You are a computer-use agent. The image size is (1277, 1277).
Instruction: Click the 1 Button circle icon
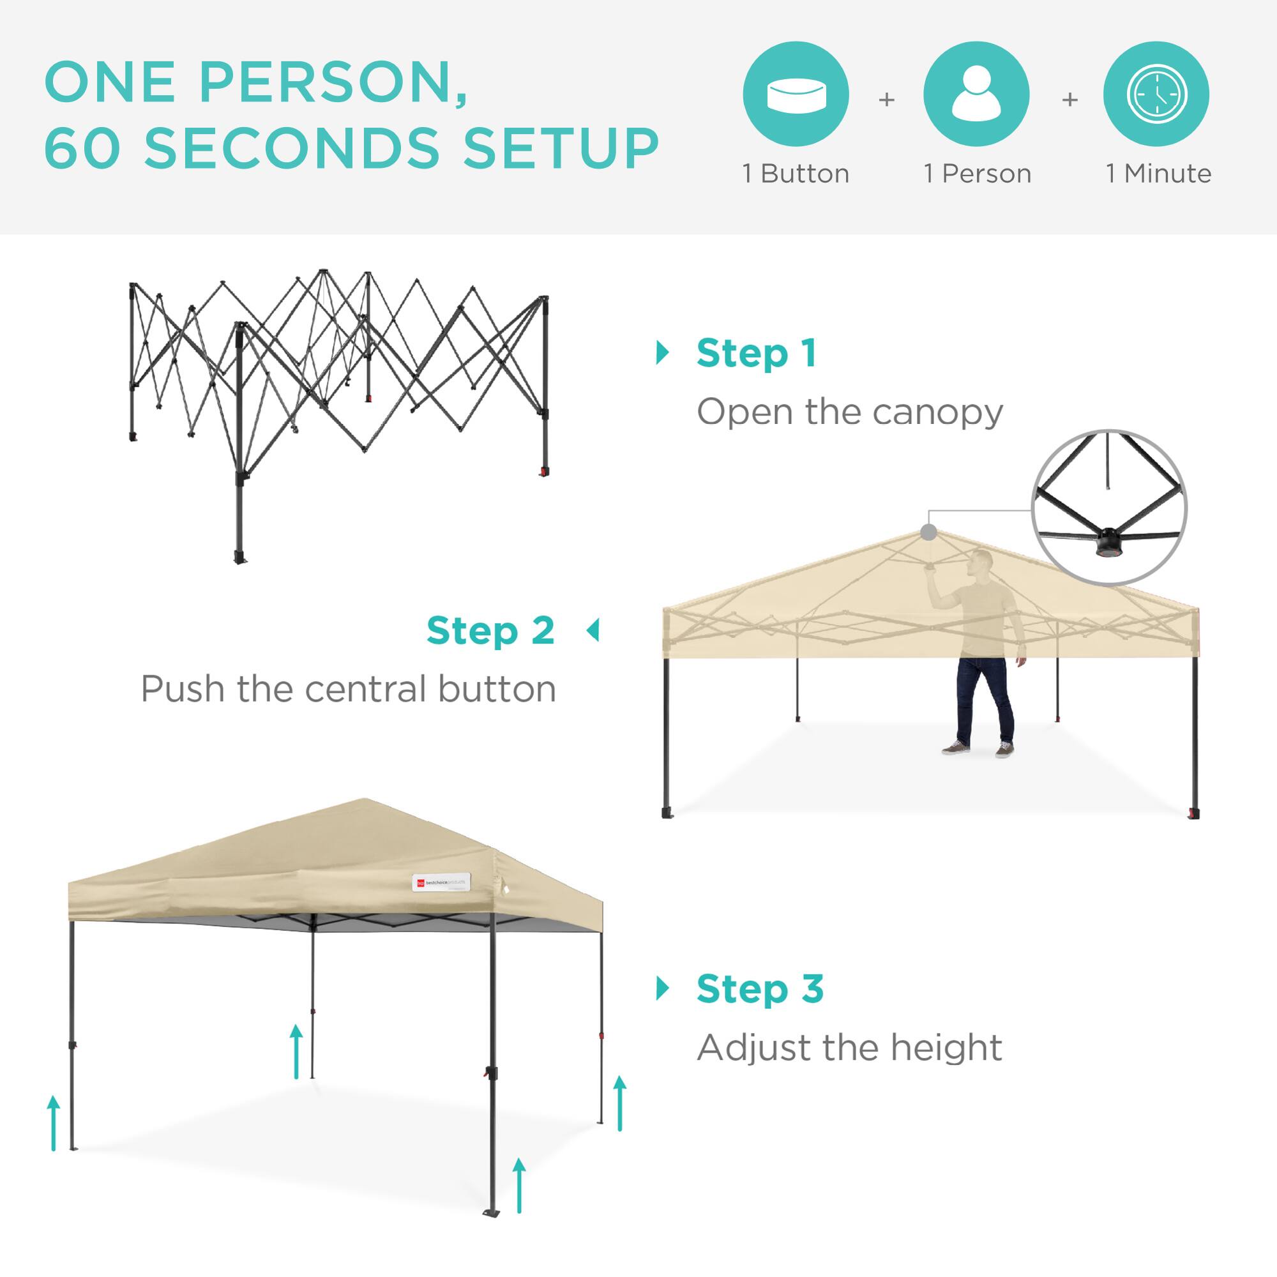coord(796,94)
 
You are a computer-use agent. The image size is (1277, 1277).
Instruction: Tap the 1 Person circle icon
coord(976,94)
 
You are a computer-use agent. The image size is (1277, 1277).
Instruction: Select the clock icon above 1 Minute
coord(1157,94)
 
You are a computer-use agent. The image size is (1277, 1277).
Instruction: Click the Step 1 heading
coord(756,354)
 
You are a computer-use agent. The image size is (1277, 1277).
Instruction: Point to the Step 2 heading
coord(490,631)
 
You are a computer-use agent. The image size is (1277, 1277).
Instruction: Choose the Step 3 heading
coord(760,989)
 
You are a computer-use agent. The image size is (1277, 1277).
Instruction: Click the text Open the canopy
coord(850,412)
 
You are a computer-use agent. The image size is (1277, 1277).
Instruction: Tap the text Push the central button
coord(349,690)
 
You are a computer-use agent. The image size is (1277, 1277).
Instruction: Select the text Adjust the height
coord(850,1048)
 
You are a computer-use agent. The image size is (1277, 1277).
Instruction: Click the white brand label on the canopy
coord(440,882)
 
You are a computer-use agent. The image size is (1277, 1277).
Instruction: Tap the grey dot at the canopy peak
coord(928,533)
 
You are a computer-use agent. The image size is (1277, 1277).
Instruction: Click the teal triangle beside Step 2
coord(593,631)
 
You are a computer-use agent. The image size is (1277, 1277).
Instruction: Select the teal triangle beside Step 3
coord(662,989)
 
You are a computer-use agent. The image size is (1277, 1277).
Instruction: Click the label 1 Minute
coord(1159,174)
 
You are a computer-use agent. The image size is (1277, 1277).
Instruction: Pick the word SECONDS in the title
coord(292,147)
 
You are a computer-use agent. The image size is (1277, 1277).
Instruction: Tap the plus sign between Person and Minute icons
coord(1069,100)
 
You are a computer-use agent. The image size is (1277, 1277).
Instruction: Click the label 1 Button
coord(796,174)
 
